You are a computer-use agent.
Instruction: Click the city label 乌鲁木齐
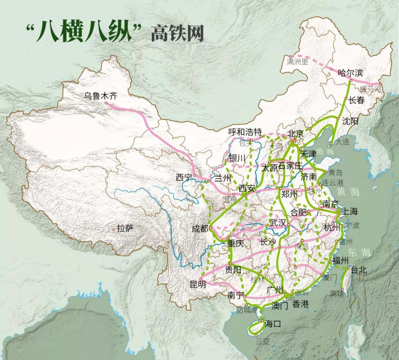coord(100,96)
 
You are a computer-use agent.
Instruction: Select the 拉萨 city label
coord(125,229)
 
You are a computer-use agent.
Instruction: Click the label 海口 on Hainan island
coord(273,324)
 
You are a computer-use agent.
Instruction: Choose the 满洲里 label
coord(297,62)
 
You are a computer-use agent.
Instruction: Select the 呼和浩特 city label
coord(245,132)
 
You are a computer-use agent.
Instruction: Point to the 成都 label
coord(200,229)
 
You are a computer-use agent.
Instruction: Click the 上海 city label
coord(350,211)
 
